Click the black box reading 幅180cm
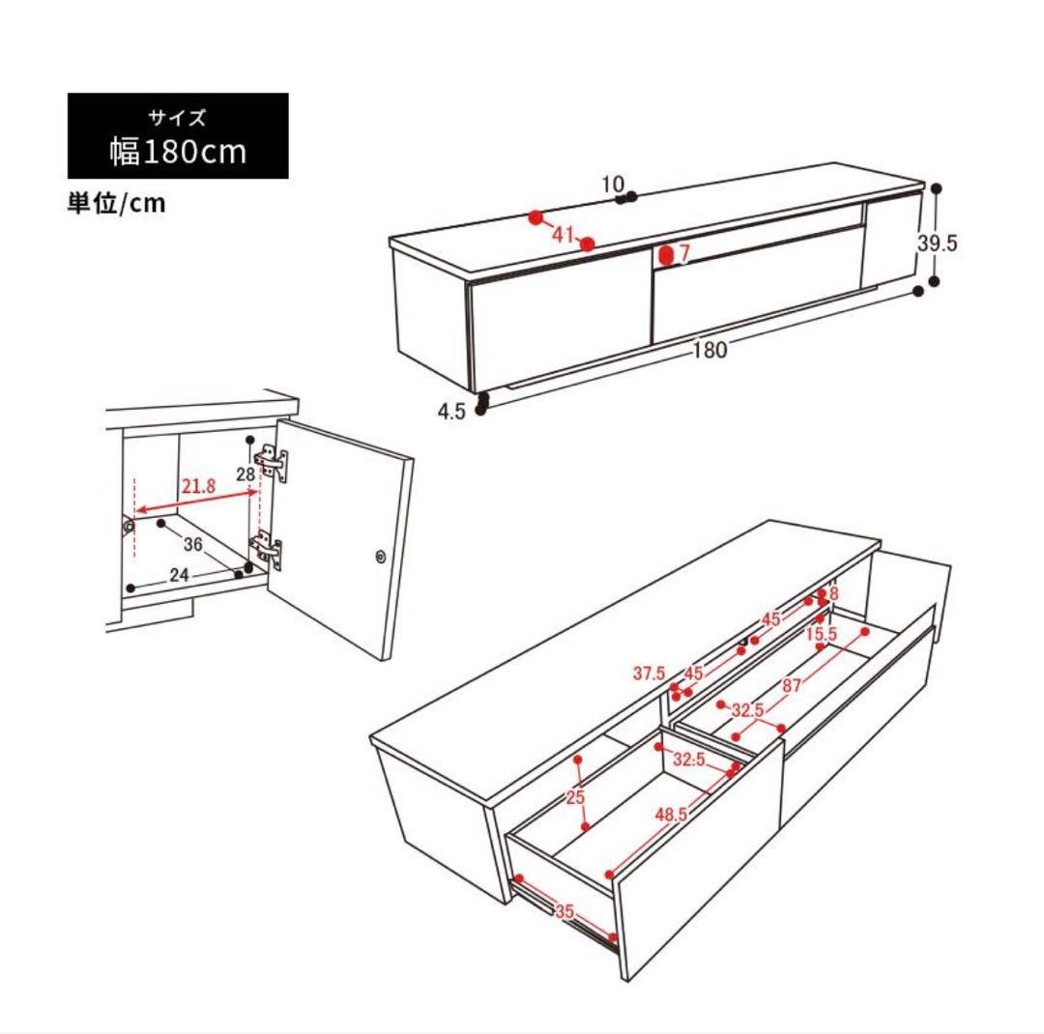[178, 136]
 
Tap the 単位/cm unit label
[116, 203]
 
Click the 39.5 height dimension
[937, 243]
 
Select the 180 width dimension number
[710, 350]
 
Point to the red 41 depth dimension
[563, 235]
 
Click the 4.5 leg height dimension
[451, 412]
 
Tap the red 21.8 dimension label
[199, 486]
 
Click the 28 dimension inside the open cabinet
[246, 474]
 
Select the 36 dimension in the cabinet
[193, 544]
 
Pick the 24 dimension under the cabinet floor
[179, 575]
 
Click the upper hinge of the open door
[271, 461]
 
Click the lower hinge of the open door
[267, 550]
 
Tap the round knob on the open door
[381, 557]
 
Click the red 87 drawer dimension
[792, 685]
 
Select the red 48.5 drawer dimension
[671, 815]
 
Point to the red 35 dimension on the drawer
[564, 911]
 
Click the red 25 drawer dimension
[576, 797]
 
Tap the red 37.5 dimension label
[650, 674]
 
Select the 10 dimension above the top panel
[613, 184]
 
